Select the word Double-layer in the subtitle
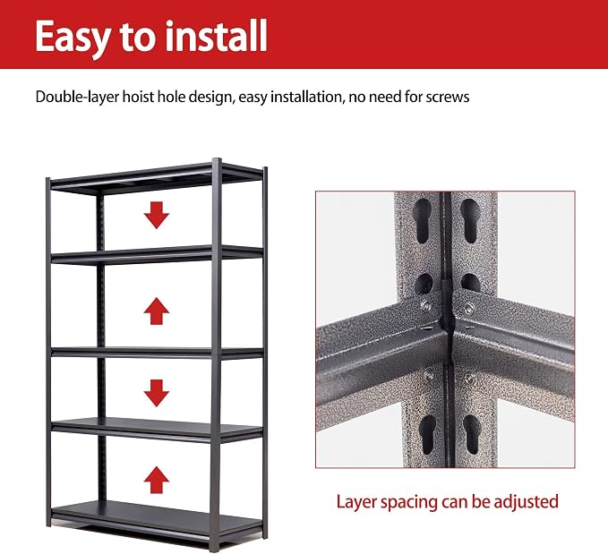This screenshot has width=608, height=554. point(77,98)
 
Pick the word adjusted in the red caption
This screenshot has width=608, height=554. point(526,502)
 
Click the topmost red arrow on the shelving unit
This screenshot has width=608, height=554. point(157,215)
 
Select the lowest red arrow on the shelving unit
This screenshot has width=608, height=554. point(157,480)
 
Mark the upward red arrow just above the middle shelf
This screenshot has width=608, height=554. point(157,311)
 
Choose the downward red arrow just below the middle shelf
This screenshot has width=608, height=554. point(157,393)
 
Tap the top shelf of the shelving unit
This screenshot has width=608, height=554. point(157,178)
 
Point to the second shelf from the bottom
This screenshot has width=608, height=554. point(157,430)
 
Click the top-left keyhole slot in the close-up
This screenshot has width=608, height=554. point(423,221)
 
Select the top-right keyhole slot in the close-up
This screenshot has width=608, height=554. point(470,221)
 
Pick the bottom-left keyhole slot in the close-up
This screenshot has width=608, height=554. point(429,434)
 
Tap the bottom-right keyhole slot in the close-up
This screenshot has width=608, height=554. point(472,434)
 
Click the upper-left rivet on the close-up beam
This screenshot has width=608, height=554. point(426,306)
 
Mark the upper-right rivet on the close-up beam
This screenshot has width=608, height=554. point(469,309)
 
